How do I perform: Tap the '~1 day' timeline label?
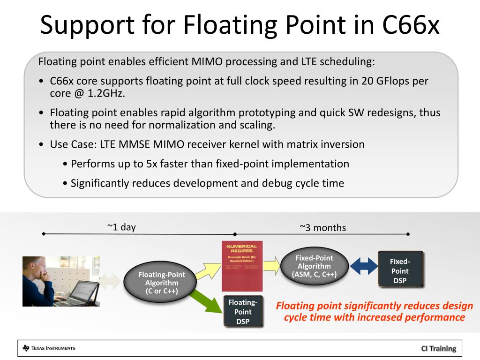click(121, 227)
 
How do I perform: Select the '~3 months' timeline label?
click(323, 228)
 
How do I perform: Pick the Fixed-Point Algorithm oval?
click(314, 266)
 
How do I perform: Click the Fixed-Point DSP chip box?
click(400, 271)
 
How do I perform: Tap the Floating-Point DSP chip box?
click(243, 312)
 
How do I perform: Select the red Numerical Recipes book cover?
click(242, 265)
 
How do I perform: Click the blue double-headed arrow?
click(364, 266)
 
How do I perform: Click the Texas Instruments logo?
click(49, 348)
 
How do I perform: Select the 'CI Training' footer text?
click(438, 348)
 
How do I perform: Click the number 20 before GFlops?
click(367, 81)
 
